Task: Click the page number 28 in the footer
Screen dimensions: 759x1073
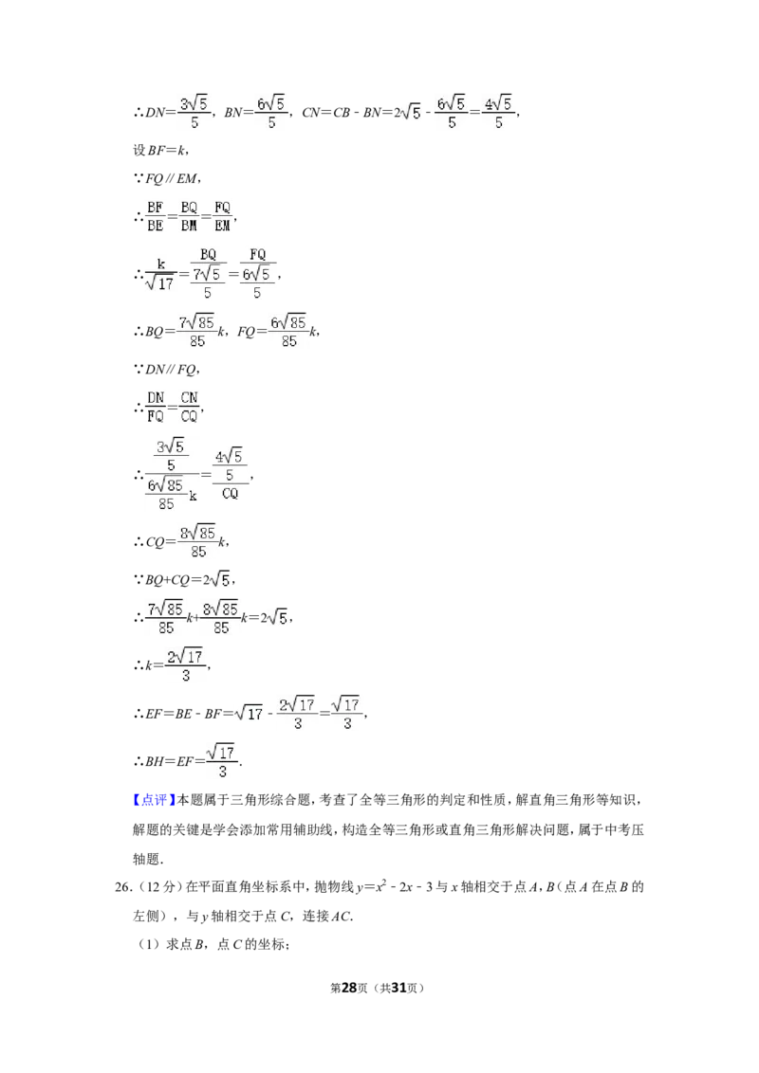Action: pyautogui.click(x=349, y=988)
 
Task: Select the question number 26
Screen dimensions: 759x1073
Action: pyautogui.click(x=122, y=887)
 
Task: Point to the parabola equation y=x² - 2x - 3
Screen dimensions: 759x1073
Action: pyautogui.click(x=395, y=887)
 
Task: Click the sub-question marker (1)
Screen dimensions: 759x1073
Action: pyautogui.click(x=149, y=945)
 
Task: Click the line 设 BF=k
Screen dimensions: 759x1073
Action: pyautogui.click(x=160, y=150)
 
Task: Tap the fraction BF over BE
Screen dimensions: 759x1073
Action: pyautogui.click(x=156, y=216)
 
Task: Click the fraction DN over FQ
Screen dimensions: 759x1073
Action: pyautogui.click(x=156, y=408)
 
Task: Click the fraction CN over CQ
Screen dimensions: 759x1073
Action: pyautogui.click(x=189, y=408)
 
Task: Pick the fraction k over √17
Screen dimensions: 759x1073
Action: pyautogui.click(x=160, y=275)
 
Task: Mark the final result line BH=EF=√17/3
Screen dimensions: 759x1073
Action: pyautogui.click(x=188, y=761)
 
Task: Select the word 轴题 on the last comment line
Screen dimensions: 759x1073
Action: pyautogui.click(x=146, y=859)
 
